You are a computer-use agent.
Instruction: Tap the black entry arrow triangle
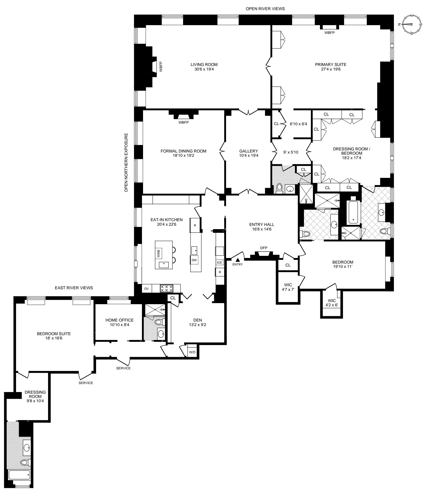coord(238,259)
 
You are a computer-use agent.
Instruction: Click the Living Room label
coord(204,65)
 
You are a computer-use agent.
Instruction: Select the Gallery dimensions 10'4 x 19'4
coord(248,155)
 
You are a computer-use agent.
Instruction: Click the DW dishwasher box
coord(194,260)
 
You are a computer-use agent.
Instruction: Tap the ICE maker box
coord(219,263)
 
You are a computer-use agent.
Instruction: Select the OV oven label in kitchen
coord(146,289)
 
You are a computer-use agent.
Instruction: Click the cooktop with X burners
coord(166,288)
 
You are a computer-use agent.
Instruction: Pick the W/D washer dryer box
coord(192,352)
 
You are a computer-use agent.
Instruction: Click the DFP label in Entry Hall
coord(264,248)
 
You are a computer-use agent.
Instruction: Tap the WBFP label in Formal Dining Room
coord(184,123)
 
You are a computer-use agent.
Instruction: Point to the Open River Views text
coord(265,9)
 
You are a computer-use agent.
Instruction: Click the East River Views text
coord(74,288)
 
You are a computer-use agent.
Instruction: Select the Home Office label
coord(119,320)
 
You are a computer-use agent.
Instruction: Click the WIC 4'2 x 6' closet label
coord(332,303)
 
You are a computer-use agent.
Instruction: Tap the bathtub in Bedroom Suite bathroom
coord(19,475)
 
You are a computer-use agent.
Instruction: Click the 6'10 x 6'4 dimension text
coord(298,124)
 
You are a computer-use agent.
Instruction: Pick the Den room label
coord(197,320)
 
